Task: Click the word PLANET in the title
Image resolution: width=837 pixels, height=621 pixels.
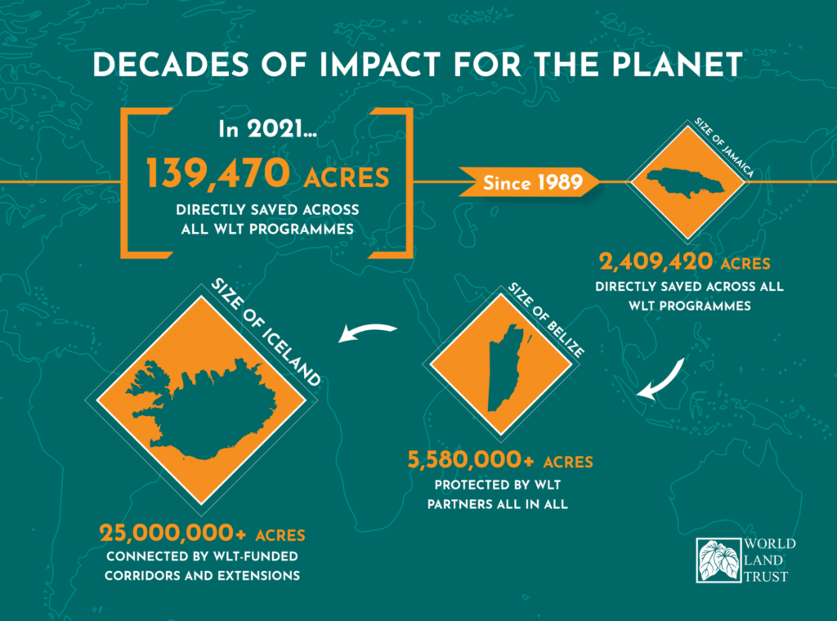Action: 677,65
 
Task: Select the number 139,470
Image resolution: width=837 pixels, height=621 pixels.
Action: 217,173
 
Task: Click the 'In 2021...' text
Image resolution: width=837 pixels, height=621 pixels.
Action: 267,129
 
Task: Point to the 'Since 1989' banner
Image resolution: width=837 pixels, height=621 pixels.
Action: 529,183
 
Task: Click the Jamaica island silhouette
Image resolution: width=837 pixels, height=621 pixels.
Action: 686,182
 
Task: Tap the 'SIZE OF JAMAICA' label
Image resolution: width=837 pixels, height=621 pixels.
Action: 724,148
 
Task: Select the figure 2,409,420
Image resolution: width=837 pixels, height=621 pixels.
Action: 656,262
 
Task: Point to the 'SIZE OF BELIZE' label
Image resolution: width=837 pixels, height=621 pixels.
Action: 545,320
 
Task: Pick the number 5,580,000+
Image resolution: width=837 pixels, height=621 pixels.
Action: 470,460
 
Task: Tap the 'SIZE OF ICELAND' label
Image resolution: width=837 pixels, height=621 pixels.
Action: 266,332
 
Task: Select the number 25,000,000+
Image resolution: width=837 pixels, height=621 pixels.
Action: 173,533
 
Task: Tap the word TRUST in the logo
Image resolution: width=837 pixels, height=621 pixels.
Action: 766,577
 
